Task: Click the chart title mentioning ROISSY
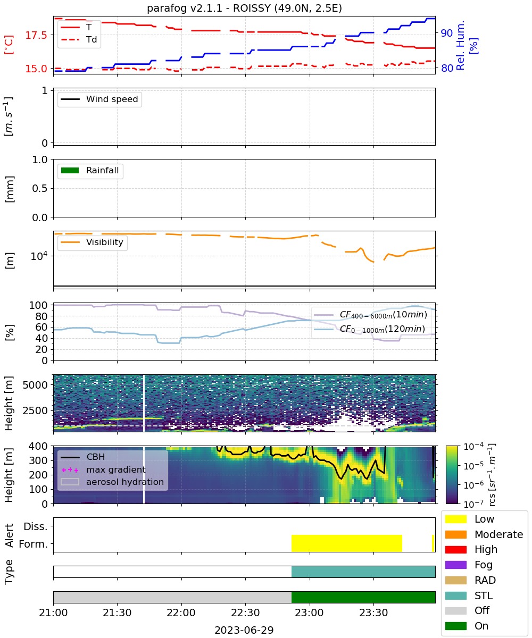tap(244, 8)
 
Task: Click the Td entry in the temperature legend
tap(79, 40)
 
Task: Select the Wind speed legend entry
tap(99, 99)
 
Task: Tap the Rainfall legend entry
tap(90, 170)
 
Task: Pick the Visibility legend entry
tap(92, 242)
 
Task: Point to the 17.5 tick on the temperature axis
tap(36, 35)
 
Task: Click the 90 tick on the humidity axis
tap(446, 33)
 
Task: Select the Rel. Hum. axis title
tap(460, 45)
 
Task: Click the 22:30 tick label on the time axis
tap(245, 612)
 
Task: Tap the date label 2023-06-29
tap(244, 630)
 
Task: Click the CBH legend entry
tap(83, 457)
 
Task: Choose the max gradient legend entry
tap(103, 469)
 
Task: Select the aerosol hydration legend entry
tap(112, 482)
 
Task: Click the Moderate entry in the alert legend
tap(484, 534)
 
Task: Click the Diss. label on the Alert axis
tap(36, 526)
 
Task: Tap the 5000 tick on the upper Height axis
tap(35, 385)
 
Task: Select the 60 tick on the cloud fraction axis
tap(41, 328)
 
